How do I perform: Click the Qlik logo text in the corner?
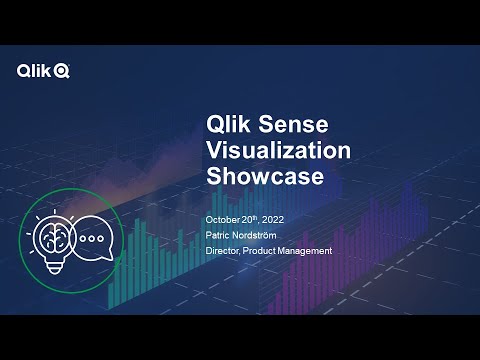[35, 70]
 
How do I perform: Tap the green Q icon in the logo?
[62, 70]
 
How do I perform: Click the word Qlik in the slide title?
[226, 126]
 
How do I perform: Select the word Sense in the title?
[291, 126]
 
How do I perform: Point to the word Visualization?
[277, 151]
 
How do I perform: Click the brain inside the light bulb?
[49, 237]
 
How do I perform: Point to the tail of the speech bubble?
[82, 263]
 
